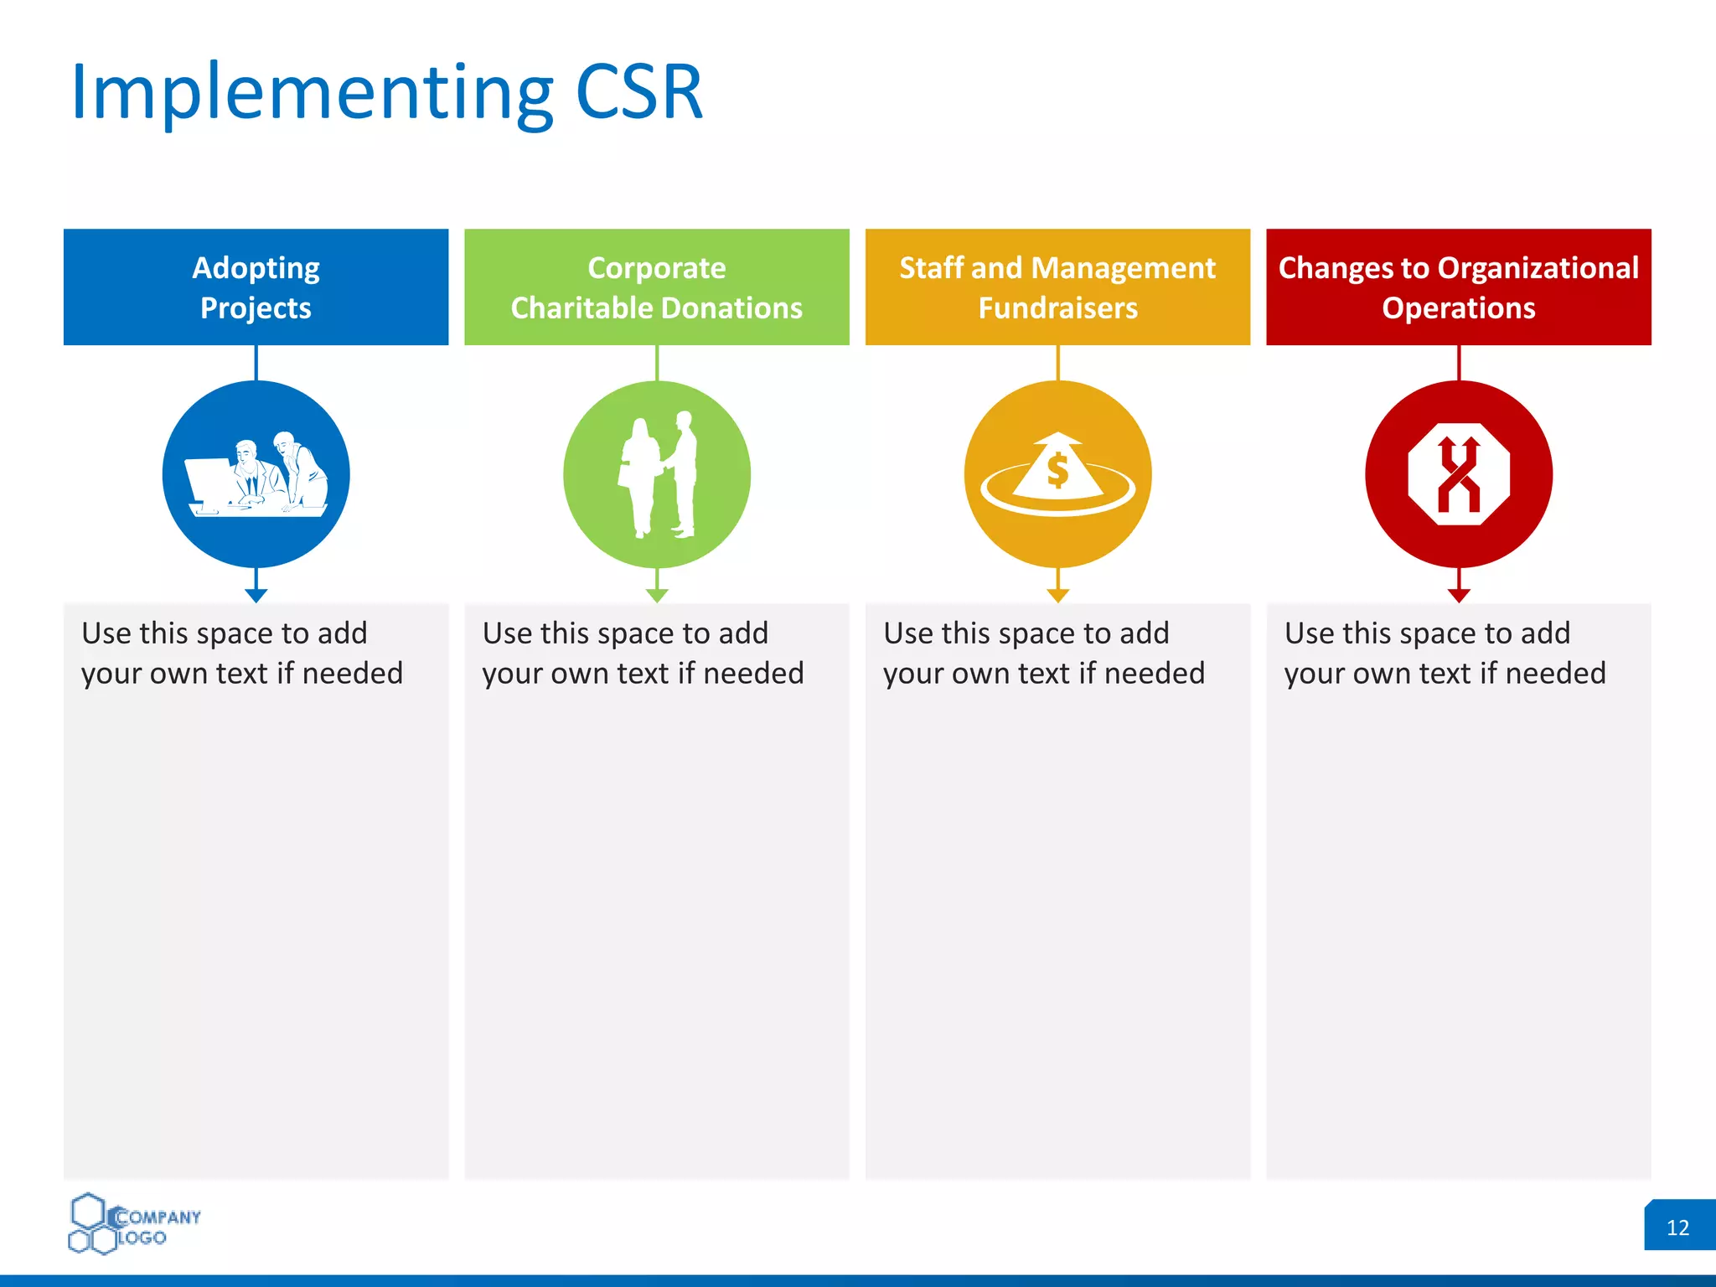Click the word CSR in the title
click(x=638, y=92)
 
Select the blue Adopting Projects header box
click(x=256, y=287)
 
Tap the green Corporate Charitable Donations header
click(x=656, y=287)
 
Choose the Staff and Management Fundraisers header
click(x=1057, y=287)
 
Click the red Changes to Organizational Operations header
click(x=1458, y=287)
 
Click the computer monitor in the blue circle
click(x=209, y=484)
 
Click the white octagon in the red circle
click(x=1459, y=474)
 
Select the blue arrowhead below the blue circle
click(x=256, y=595)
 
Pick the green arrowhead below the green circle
click(x=657, y=595)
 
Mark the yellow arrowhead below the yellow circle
click(x=1058, y=595)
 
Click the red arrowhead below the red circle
click(x=1459, y=595)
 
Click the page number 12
click(x=1677, y=1228)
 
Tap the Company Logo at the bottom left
click(x=134, y=1225)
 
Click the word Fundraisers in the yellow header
click(x=1057, y=308)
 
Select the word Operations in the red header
click(x=1458, y=308)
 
